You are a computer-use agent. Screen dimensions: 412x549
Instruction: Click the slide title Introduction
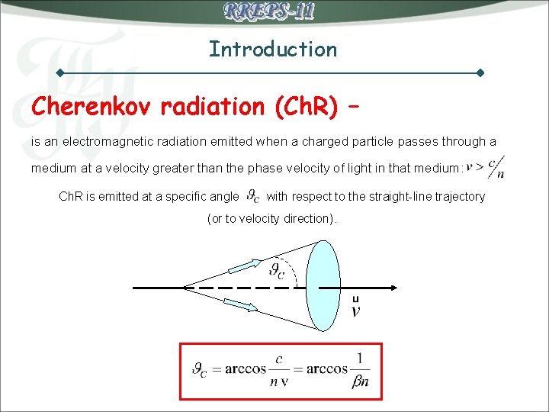[x=273, y=50]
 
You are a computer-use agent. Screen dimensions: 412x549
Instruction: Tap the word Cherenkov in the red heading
[x=93, y=107]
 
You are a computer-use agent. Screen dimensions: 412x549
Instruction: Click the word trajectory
[x=457, y=196]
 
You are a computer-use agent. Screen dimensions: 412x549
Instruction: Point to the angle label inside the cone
[x=277, y=270]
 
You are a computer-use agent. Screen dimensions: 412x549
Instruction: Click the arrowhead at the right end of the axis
[x=391, y=288]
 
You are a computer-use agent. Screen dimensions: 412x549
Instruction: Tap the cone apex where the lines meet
[x=185, y=288]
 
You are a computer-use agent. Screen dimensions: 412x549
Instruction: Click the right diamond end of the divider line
[x=480, y=73]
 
